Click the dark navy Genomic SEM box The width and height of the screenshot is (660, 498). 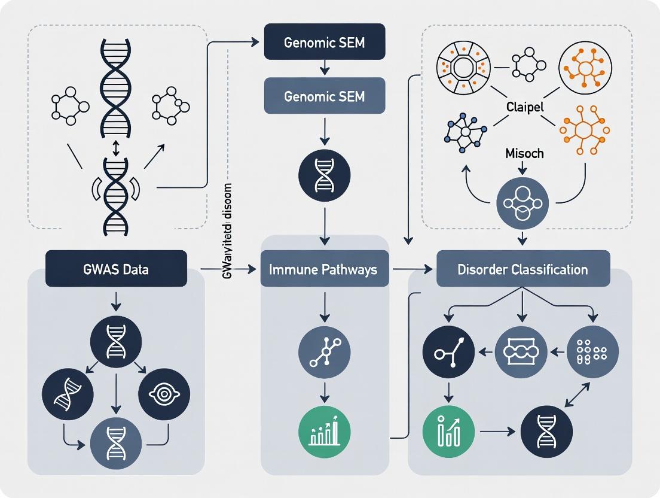[x=325, y=43]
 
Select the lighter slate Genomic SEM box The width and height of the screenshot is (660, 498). [x=325, y=96]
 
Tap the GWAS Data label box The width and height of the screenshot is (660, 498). [x=117, y=269]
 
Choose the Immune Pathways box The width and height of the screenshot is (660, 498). [x=323, y=269]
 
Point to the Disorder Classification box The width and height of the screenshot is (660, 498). [x=522, y=269]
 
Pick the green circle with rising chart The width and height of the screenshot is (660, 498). [x=448, y=432]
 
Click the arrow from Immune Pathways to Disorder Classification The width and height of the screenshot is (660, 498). [x=413, y=269]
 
